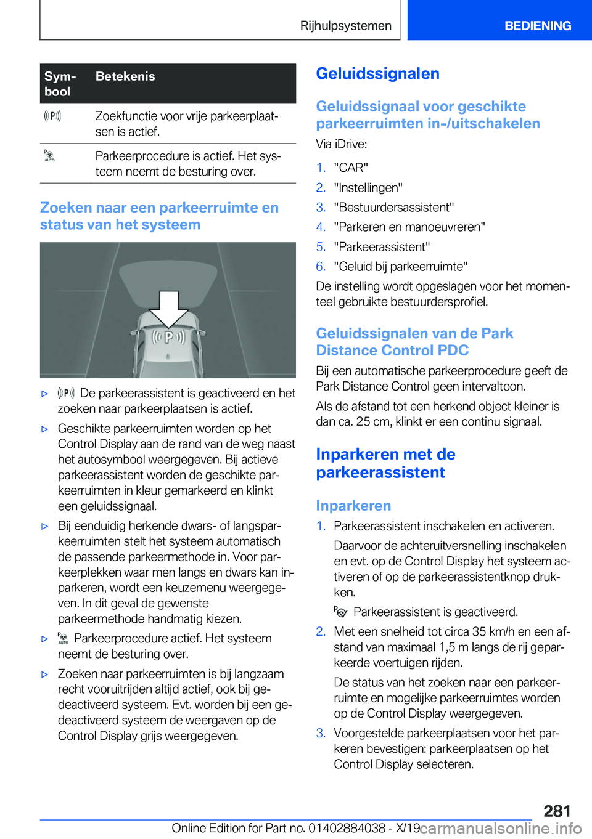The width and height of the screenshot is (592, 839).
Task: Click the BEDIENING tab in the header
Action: pos(537,26)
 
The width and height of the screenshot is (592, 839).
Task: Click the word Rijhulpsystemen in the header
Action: pos(345,26)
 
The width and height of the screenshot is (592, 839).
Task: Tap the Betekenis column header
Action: pos(125,76)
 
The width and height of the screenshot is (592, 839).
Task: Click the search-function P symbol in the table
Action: pos(52,116)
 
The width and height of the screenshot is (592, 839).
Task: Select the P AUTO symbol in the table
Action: pos(49,155)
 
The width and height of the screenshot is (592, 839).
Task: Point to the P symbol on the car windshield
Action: pos(168,338)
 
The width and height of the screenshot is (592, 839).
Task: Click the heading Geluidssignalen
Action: pos(377,74)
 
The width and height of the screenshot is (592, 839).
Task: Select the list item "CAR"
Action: pos(351,168)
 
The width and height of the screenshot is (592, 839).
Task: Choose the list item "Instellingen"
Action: pos(368,187)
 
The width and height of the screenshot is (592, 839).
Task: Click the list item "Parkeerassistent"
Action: pos(382,246)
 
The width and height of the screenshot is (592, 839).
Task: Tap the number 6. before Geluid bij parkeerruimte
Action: pos(321,266)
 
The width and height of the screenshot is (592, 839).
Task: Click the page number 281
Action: pos(556,811)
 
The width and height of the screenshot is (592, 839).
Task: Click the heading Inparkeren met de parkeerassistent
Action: pos(385,463)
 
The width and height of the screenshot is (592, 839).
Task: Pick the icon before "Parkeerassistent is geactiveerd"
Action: pos(340,612)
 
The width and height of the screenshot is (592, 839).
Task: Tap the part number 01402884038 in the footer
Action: pos(347,828)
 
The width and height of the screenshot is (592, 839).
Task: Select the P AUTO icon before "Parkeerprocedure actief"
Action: pos(63,638)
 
